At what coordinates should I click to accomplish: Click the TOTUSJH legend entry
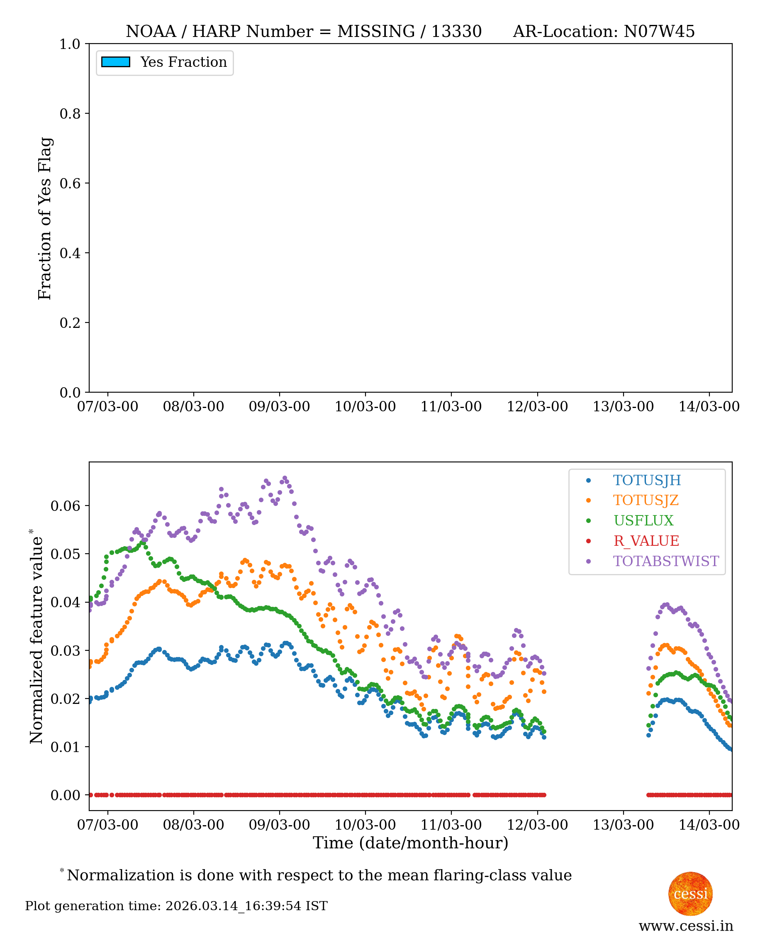646,480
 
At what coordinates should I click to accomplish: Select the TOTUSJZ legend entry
646,500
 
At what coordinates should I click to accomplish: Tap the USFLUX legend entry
643,520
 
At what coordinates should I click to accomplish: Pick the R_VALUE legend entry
646,541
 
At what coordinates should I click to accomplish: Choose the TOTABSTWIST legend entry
665,561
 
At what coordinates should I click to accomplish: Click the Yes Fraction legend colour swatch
115,62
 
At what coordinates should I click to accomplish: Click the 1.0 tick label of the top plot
70,44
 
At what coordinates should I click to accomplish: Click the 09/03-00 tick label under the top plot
279,406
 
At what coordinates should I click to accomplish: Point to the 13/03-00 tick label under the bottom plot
623,825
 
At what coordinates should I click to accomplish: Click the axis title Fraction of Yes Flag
44,218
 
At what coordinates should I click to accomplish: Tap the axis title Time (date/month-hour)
410,843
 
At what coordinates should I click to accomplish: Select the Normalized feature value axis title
36,640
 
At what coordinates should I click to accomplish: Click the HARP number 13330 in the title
456,31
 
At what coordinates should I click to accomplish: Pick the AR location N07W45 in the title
659,31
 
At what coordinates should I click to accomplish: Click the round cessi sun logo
690,894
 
